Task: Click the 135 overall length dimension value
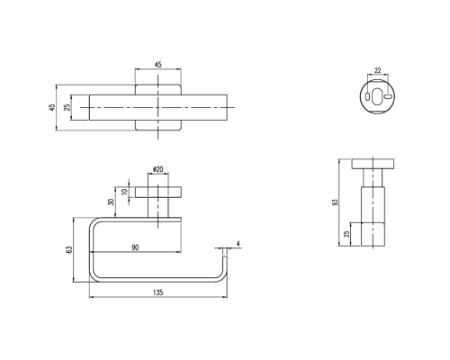click(158, 292)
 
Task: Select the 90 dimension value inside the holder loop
click(135, 247)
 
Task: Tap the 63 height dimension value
click(68, 249)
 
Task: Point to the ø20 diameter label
click(157, 169)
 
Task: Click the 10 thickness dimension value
click(124, 192)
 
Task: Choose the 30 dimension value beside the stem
click(111, 202)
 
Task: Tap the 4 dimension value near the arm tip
click(238, 244)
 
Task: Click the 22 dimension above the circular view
click(378, 70)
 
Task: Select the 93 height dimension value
click(336, 202)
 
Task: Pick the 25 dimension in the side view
click(346, 234)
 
